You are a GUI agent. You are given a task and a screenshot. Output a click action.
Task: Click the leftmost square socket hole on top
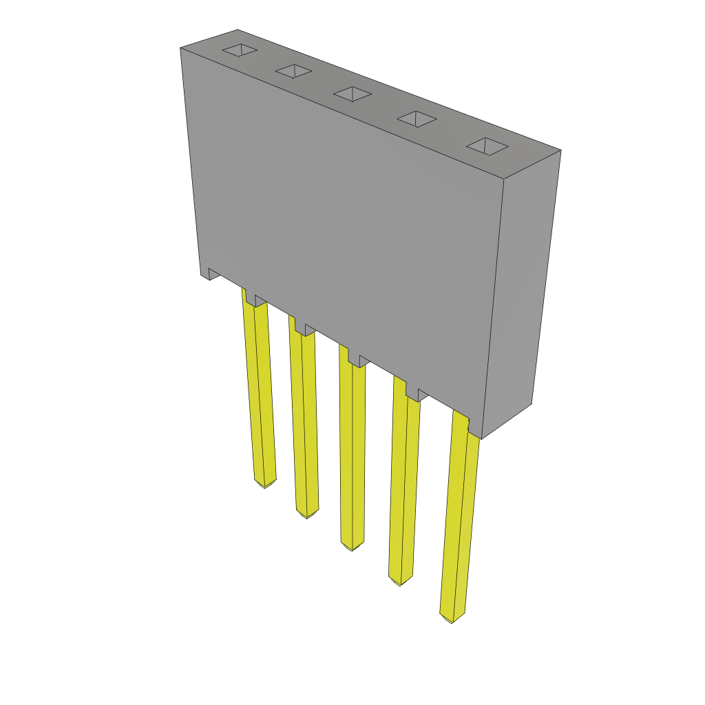tap(240, 50)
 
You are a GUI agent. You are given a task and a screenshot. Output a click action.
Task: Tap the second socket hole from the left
tap(294, 70)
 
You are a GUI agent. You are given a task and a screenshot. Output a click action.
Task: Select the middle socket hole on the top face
tap(352, 94)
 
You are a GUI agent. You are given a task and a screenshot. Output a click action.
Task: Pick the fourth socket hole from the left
tap(417, 119)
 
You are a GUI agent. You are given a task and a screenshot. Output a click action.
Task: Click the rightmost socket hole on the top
tap(487, 146)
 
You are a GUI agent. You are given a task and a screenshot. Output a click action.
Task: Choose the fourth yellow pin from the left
tap(403, 482)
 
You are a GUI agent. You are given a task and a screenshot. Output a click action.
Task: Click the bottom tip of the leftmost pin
tap(265, 483)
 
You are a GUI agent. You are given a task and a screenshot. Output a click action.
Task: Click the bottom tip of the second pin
tap(307, 514)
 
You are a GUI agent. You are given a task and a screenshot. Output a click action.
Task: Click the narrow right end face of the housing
tap(522, 289)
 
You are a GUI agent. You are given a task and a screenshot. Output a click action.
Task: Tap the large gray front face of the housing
tap(344, 220)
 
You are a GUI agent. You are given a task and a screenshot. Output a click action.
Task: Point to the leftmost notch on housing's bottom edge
tap(214, 273)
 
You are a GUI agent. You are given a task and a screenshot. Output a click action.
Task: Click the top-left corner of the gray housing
tap(182, 49)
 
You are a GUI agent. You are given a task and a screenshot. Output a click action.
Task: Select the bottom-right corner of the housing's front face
tap(481, 438)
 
